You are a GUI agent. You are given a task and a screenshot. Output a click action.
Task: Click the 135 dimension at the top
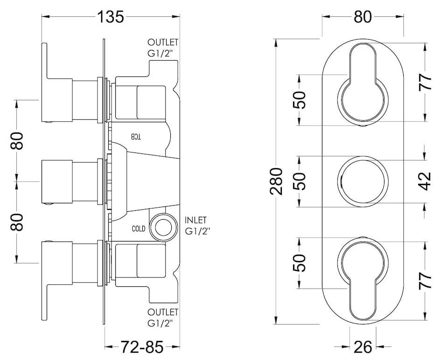pos(111,17)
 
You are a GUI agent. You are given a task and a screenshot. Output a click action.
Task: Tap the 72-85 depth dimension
pos(142,347)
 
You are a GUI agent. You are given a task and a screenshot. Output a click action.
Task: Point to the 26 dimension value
pos(363,347)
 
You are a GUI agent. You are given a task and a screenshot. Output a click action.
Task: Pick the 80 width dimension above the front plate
pos(363,17)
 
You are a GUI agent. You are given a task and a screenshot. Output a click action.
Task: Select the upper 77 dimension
pos(426,82)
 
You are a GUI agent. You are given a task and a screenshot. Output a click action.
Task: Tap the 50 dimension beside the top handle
pos(301,99)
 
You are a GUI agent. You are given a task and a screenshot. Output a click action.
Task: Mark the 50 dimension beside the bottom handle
pos(301,263)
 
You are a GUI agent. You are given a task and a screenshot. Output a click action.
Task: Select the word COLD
pos(139,229)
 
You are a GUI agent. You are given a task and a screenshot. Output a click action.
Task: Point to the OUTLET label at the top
pos(163,43)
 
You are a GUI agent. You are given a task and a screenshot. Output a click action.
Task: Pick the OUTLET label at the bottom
pos(163,311)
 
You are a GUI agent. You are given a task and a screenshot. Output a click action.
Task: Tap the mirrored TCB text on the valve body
pos(135,136)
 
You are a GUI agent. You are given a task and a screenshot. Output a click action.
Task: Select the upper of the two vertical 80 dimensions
pos(17,140)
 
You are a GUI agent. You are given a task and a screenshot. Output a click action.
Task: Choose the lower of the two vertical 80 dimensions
pos(17,222)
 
